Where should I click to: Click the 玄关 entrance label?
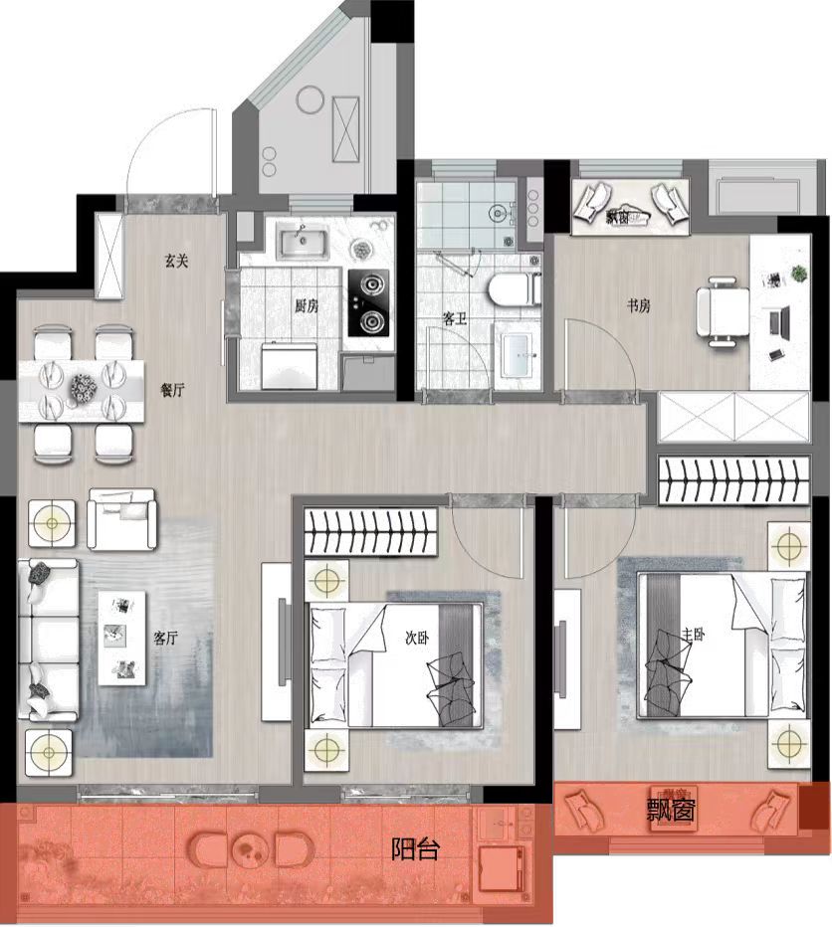(x=176, y=261)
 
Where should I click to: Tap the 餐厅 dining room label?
(x=173, y=390)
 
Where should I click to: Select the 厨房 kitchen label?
(x=307, y=305)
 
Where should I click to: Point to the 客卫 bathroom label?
(x=455, y=318)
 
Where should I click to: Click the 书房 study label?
(x=639, y=305)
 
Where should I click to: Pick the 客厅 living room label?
(x=165, y=638)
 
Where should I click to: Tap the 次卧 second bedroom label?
(x=417, y=638)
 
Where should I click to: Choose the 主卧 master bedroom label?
(x=694, y=635)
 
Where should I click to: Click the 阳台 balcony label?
(x=415, y=849)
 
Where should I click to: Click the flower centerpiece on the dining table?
(x=83, y=391)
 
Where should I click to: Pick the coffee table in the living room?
(x=121, y=639)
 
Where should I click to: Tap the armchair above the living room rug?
(x=122, y=518)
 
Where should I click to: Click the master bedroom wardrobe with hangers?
(x=733, y=480)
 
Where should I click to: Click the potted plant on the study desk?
(x=799, y=274)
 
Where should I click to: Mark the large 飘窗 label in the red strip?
(x=671, y=810)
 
